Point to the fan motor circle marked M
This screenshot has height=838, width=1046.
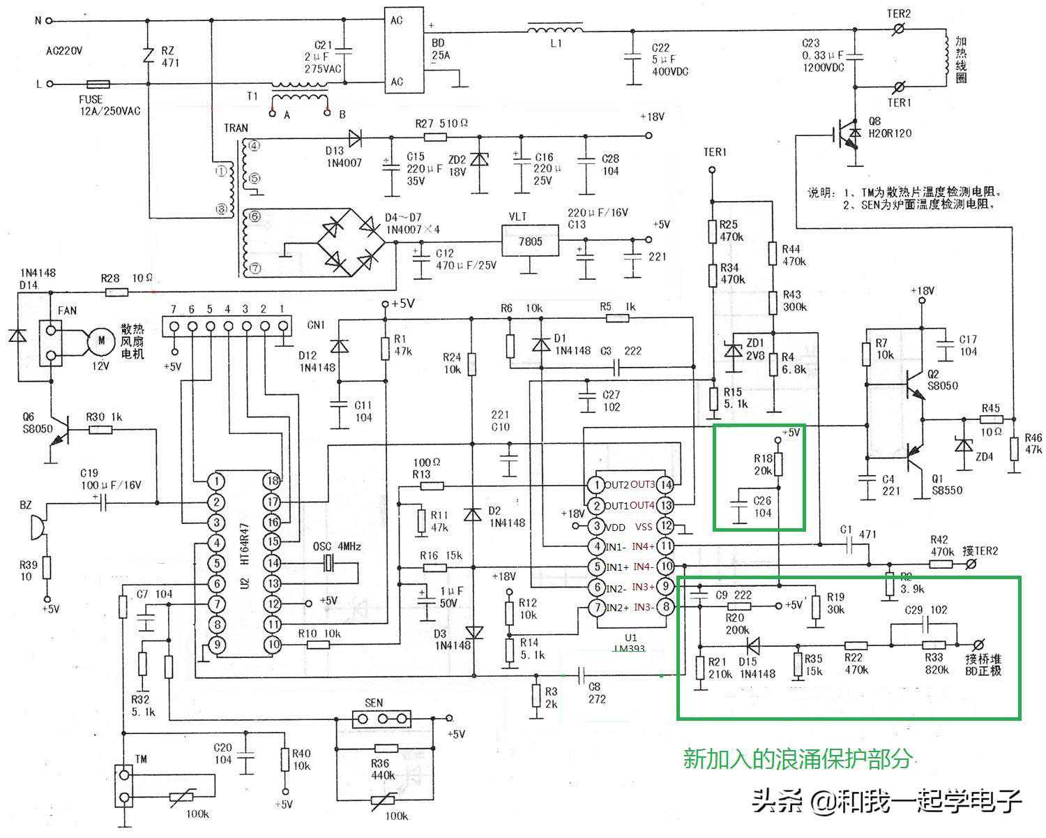101,341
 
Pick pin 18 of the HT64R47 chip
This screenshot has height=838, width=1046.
272,481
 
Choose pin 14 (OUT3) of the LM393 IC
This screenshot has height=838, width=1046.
666,484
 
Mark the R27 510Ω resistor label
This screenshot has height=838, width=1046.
441,124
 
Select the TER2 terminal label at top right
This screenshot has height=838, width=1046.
899,13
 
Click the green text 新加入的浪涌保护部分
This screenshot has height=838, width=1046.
797,758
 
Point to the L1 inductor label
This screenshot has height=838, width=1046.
556,43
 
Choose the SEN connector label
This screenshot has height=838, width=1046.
374,703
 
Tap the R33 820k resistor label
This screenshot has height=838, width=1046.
934,664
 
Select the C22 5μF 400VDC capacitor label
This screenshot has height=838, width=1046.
669,59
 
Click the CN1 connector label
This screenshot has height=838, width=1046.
316,324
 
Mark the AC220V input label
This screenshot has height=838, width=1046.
64,51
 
